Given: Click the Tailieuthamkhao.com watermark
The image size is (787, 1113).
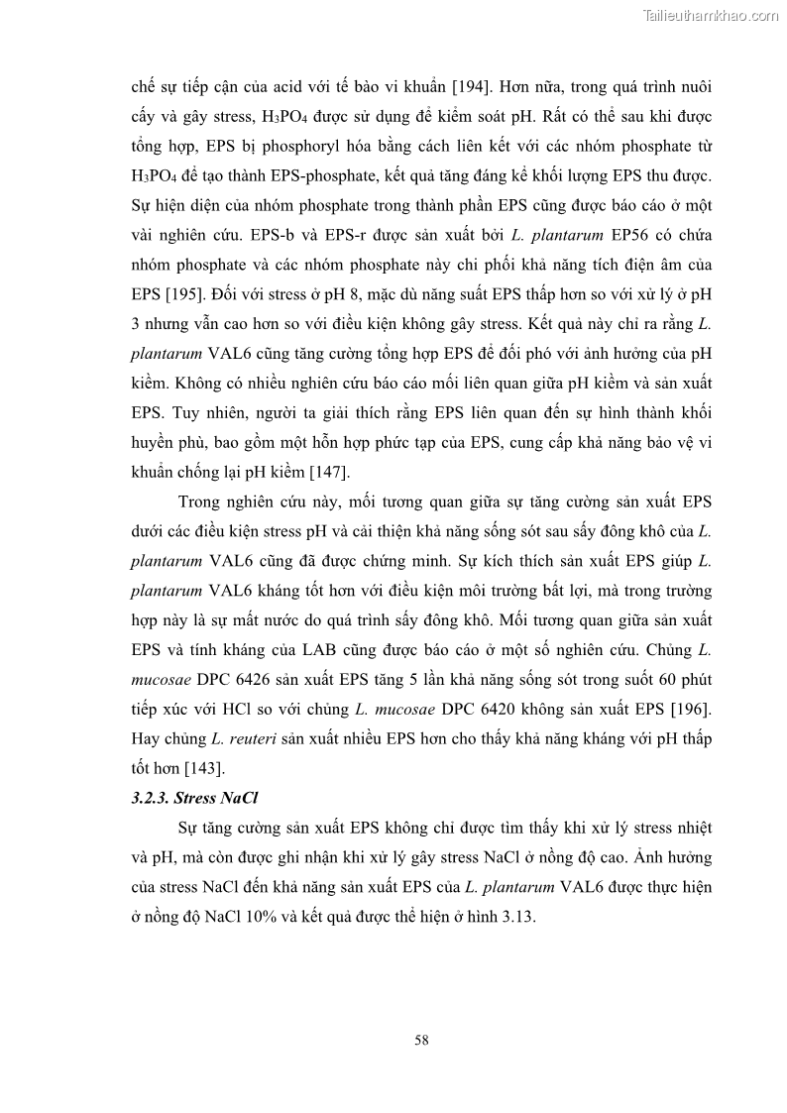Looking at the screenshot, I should click(711, 15).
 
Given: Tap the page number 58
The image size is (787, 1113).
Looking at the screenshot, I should click(421, 1040).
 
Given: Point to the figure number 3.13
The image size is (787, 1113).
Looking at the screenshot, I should click(516, 917).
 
